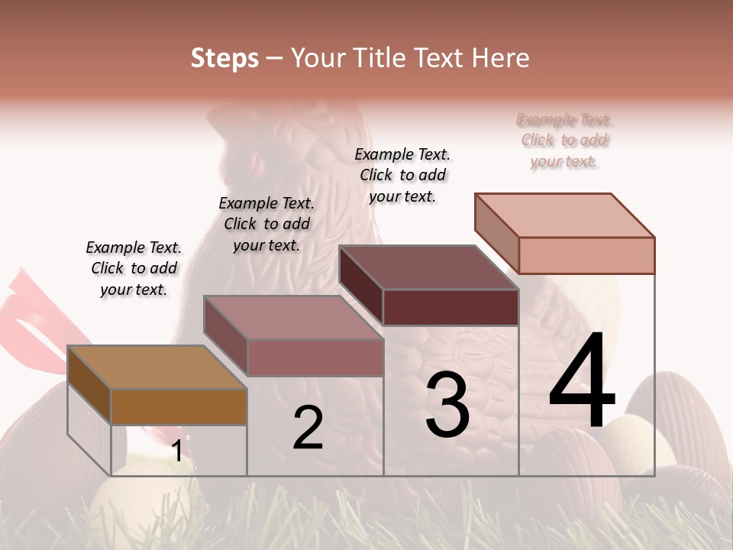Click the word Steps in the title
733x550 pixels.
(x=224, y=58)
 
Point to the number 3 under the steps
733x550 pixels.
(x=447, y=405)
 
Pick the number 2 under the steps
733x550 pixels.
(x=308, y=428)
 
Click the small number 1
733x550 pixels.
(x=176, y=451)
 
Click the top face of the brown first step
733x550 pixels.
(x=157, y=367)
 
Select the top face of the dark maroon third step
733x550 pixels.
(x=428, y=267)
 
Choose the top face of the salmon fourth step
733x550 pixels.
(x=564, y=215)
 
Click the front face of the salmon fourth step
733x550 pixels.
(x=586, y=255)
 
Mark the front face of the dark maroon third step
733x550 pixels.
(x=450, y=307)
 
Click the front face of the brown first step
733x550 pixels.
(x=179, y=406)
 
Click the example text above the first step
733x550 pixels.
(x=134, y=269)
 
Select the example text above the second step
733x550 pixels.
(x=266, y=225)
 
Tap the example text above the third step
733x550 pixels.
(x=402, y=176)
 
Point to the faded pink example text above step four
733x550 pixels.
(x=564, y=141)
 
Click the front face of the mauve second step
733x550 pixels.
(x=315, y=357)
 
